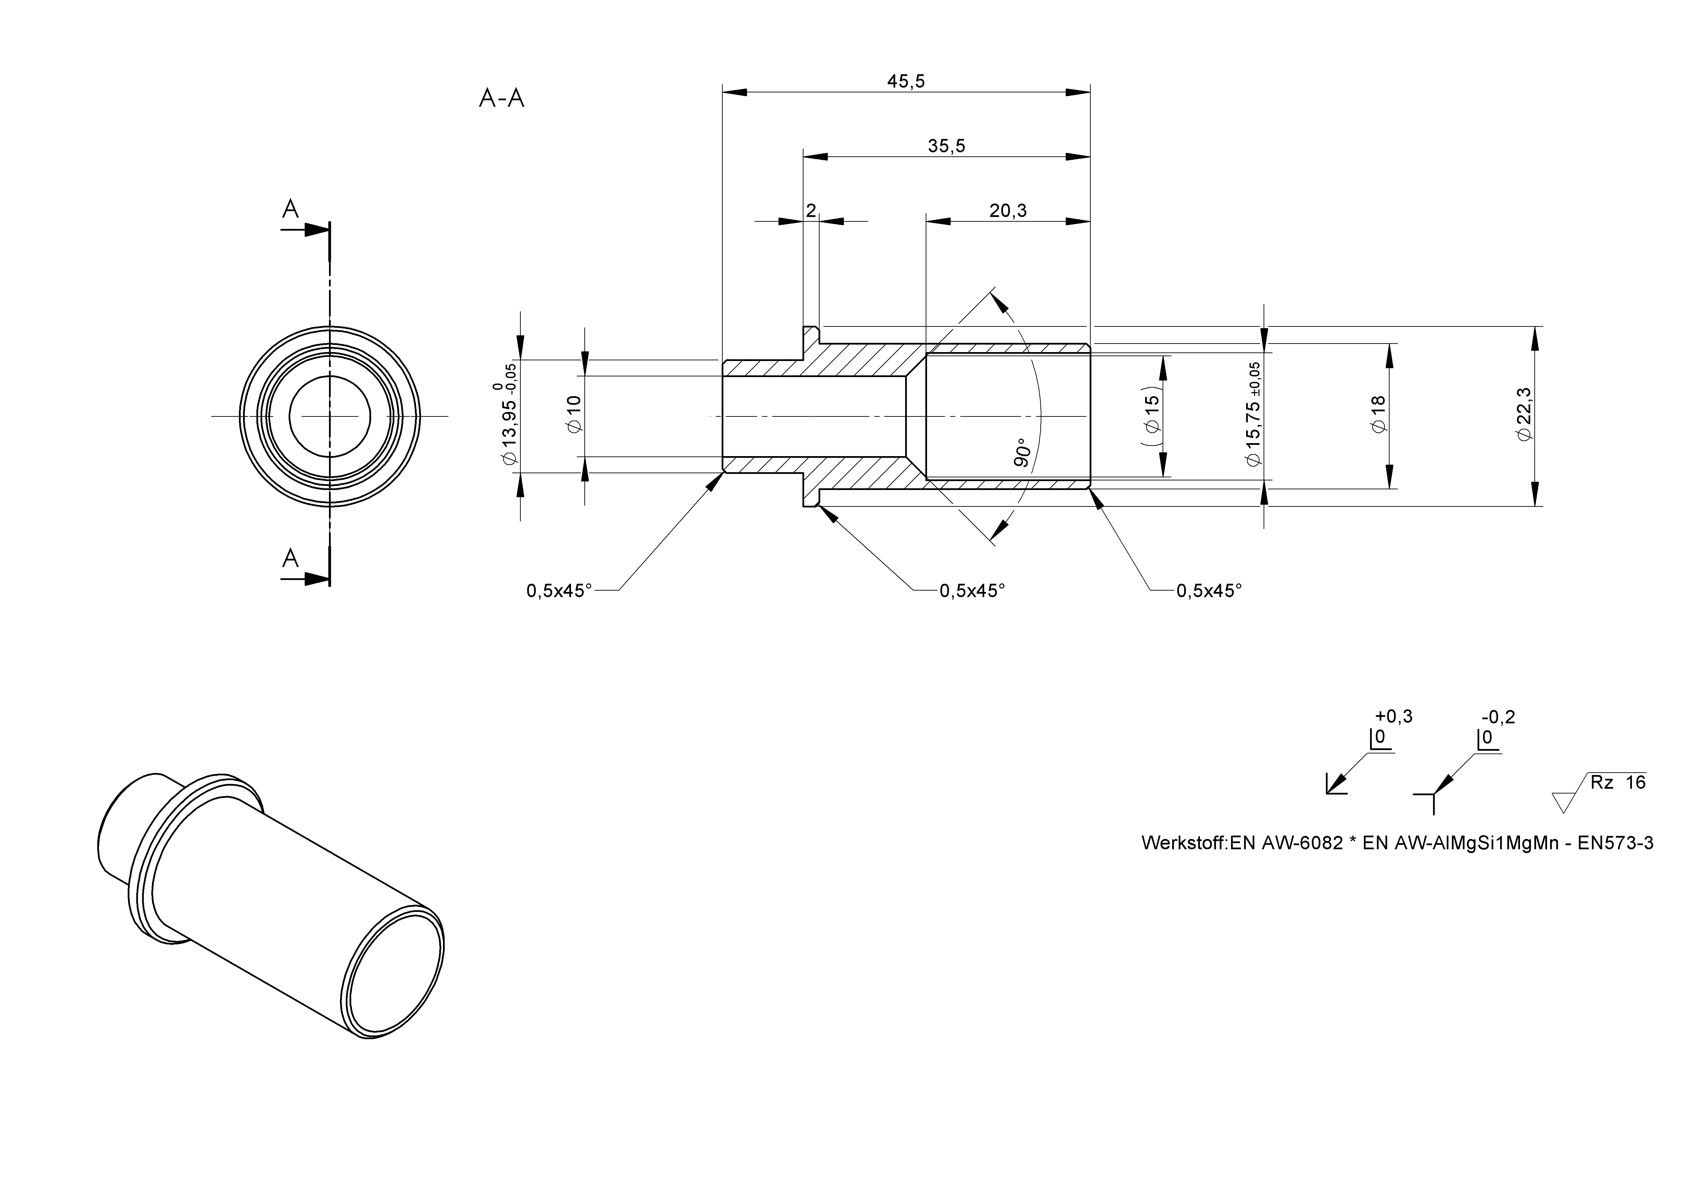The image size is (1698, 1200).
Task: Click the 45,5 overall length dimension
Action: [906, 81]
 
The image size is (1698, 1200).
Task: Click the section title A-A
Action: [502, 98]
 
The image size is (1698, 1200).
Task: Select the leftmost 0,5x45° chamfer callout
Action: [559, 591]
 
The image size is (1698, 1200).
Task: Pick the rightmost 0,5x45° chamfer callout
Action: [1209, 591]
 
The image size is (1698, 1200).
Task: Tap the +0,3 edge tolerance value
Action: [1393, 717]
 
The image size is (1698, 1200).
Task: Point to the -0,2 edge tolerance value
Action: [1498, 717]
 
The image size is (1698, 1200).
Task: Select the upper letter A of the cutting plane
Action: [291, 210]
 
